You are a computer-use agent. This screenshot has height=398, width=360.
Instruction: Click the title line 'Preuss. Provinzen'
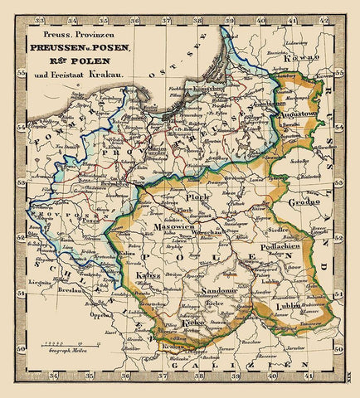click(80, 35)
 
